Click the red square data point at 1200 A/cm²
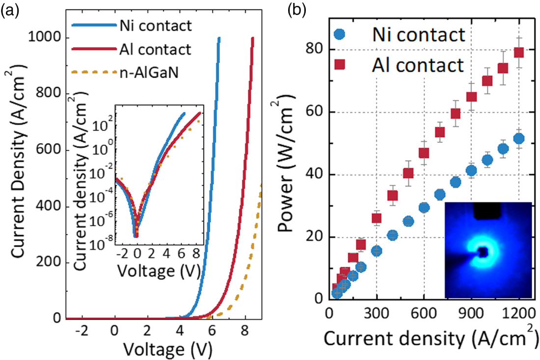(x=519, y=52)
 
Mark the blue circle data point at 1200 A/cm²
(x=519, y=139)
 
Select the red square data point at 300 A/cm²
(x=377, y=218)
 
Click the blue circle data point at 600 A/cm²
(x=424, y=207)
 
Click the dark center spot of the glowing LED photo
(x=484, y=252)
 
